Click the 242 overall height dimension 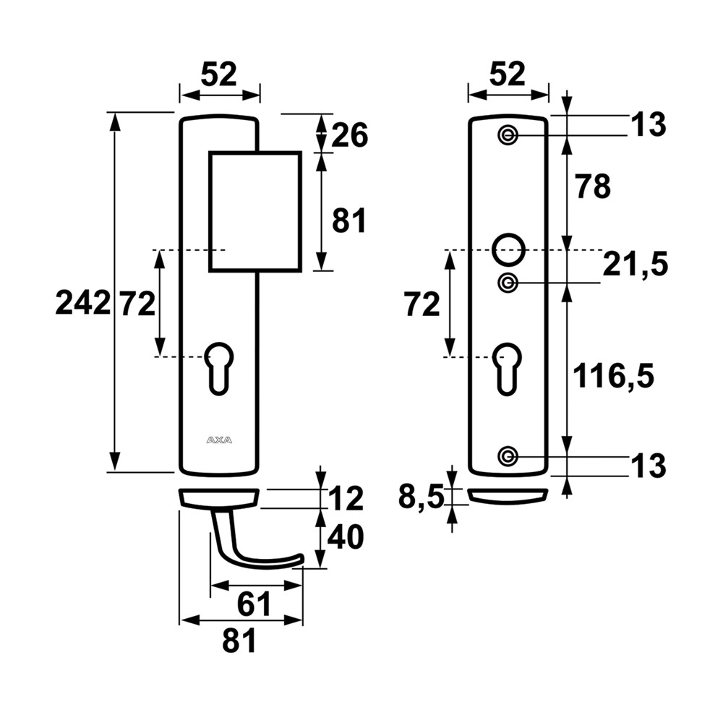83,304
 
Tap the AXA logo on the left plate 219,440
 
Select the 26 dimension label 349,135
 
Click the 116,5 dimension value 613,376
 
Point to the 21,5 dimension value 636,265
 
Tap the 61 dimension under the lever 254,604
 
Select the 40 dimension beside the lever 346,536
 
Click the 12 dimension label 346,499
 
